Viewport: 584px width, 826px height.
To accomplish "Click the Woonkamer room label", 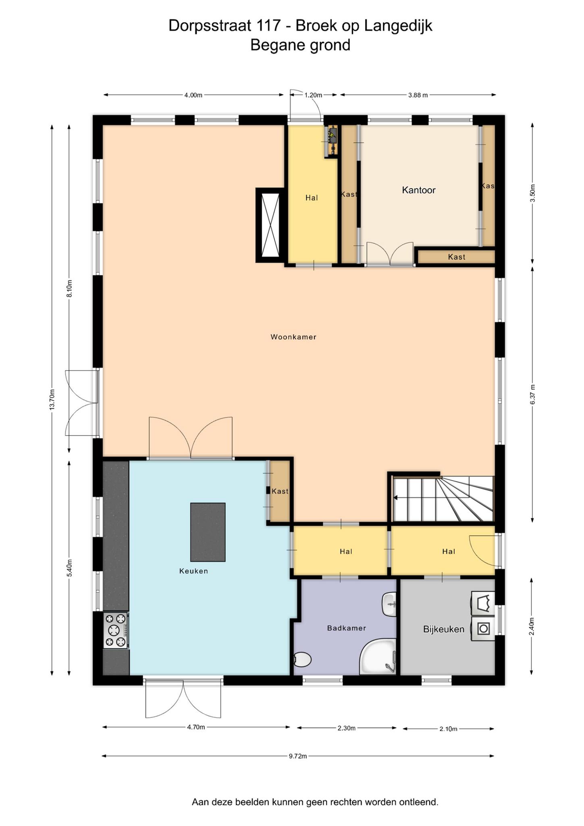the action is coord(293,337).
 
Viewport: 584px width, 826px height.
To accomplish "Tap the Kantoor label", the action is coord(419,190).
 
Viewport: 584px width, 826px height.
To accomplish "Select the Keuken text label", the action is coord(194,571).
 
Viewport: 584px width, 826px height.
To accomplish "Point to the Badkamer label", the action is coord(347,628).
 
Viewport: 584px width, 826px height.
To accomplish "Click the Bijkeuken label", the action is coord(444,629).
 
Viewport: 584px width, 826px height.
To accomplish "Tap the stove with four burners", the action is coord(116,630).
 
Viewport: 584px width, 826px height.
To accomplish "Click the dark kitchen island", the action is coord(208,532).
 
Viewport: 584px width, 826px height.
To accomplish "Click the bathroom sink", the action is coord(389,604).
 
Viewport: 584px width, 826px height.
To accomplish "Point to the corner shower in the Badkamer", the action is coord(378,656).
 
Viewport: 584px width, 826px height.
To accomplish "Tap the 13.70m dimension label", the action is coord(52,399).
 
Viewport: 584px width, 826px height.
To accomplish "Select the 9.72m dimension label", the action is coord(298,756).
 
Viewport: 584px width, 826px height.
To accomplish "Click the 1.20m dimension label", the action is coord(313,95).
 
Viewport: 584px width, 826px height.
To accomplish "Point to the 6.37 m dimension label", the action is coord(532,394).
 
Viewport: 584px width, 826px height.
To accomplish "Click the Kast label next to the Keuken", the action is coord(280,491).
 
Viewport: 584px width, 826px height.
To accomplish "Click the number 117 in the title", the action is coord(268,25).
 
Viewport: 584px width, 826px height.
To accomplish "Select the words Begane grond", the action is coord(300,45).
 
